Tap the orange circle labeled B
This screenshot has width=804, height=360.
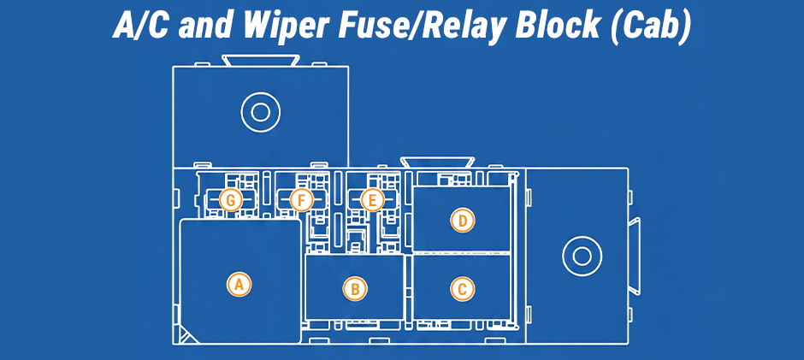[x=355, y=289]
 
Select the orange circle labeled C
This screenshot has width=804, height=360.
[x=463, y=289]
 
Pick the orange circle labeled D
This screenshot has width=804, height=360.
[x=463, y=221]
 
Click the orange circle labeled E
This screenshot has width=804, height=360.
[x=372, y=200]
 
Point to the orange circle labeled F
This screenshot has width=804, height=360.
[x=301, y=200]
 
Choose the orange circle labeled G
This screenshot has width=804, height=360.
[x=231, y=200]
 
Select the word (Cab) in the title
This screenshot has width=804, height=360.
[x=651, y=27]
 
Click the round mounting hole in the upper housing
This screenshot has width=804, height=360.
[x=261, y=112]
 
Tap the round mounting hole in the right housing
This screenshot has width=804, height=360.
[x=582, y=256]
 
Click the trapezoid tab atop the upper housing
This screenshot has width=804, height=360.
[x=260, y=60]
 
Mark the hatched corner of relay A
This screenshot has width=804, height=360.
[x=186, y=335]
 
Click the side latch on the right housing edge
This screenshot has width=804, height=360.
[x=635, y=256]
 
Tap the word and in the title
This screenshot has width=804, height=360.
[x=205, y=27]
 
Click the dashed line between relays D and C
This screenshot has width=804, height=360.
[x=462, y=252]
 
